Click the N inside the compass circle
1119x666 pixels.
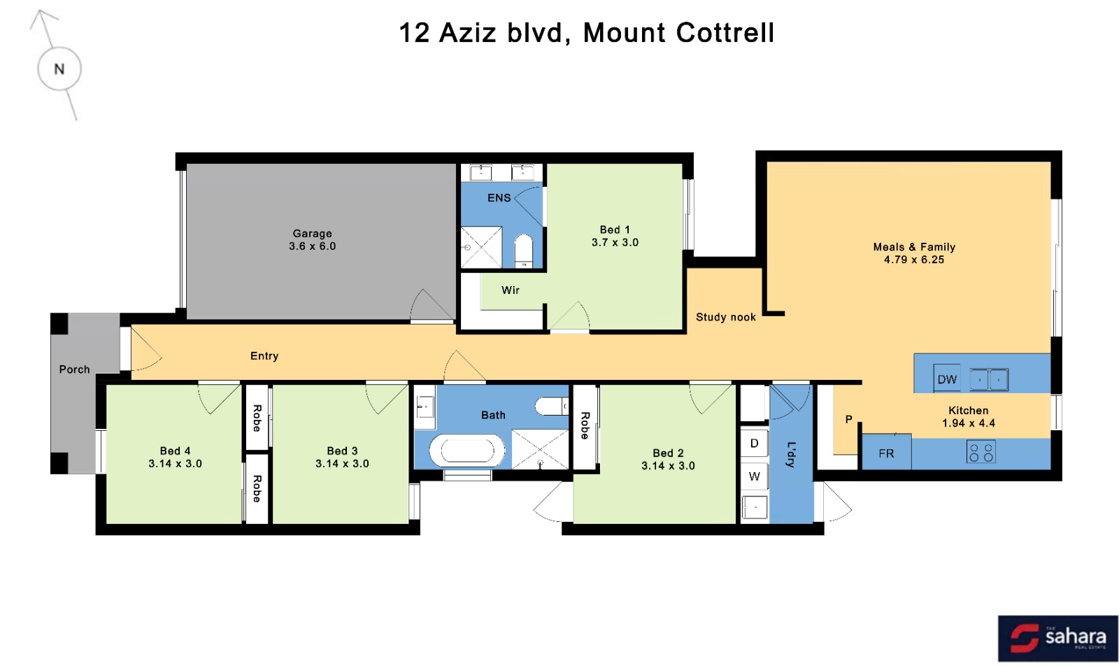coord(59,69)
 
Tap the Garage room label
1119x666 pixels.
coord(312,234)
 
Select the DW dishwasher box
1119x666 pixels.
coord(947,378)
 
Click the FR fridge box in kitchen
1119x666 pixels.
coord(886,453)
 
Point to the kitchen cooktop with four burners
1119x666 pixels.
coord(981,452)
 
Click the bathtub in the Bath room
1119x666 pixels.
coord(467,451)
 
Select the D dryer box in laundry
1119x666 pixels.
coord(754,443)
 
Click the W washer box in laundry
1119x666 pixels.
coord(754,476)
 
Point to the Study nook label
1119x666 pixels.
coord(725,317)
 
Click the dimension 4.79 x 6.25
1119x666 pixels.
coord(913,260)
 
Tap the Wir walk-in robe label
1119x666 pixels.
coord(510,290)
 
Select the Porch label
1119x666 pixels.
coord(74,369)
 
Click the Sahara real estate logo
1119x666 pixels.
coord(1057,639)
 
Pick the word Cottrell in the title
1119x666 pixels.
coord(725,33)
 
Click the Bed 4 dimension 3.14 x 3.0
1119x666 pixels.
coord(175,463)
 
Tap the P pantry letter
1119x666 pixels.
coord(848,419)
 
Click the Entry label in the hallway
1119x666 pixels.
coord(264,355)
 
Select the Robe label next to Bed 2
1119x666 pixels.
coord(585,425)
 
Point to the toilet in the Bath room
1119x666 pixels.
coord(552,406)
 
